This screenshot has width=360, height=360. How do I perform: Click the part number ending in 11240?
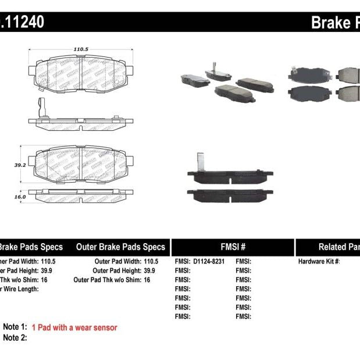pos(22,23)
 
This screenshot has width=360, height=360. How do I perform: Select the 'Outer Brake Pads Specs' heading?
pos(120,247)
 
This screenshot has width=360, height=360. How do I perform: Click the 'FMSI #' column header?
pos(232,247)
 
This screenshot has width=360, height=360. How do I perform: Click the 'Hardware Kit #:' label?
pos(319,262)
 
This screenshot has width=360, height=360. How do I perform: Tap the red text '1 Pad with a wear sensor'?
pos(74,327)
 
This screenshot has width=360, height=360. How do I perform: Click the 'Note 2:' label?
pos(15,337)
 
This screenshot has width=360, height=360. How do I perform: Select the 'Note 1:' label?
pos(15,327)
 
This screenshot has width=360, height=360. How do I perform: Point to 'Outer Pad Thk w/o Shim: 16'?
pos(112,280)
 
